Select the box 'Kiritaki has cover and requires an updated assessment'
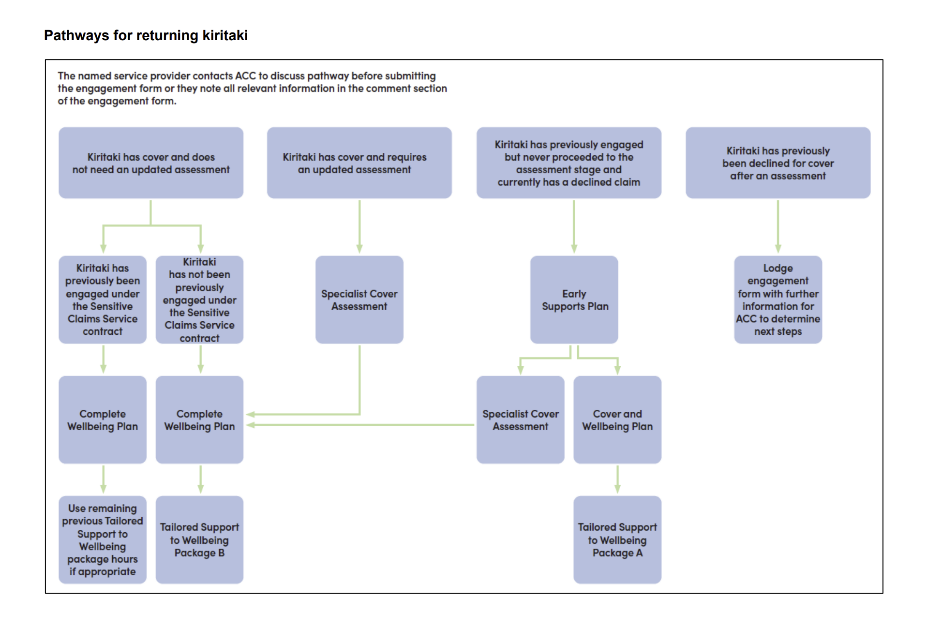pos(359,163)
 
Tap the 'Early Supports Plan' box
pos(574,300)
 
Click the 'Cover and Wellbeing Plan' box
pos(617,420)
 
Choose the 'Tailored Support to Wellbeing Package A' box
pos(617,540)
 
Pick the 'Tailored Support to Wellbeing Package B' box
pos(199,540)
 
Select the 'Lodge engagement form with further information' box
pos(778,300)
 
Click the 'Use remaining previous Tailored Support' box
pos(103,540)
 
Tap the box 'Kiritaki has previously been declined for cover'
pos(778,163)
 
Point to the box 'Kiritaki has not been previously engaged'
pos(199,300)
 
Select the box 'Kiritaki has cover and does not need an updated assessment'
pos(151,163)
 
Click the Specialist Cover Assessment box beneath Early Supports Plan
pos(521,420)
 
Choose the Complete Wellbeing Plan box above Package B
pos(199,420)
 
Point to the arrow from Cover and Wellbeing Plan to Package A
pos(617,479)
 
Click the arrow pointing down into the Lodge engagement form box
pos(778,227)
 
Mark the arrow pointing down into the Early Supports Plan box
pos(574,227)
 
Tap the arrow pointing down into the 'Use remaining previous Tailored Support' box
pos(103,479)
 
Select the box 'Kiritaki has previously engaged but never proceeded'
pos(569,163)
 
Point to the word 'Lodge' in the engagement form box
pos(778,268)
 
